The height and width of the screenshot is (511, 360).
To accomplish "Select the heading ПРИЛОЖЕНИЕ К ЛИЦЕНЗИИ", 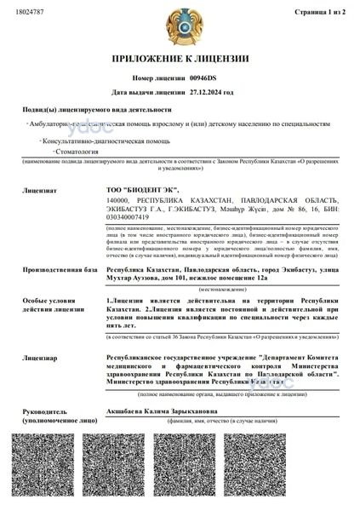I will (180, 59).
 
